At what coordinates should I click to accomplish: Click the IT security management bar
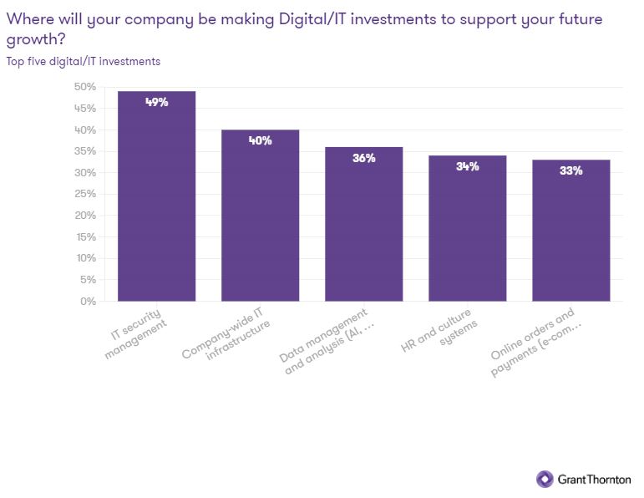156,201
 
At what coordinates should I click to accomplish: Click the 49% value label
156,102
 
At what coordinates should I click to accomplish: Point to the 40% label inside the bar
260,140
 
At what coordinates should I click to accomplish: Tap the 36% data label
363,158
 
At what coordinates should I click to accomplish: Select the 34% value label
467,166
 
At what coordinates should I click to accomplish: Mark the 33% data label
570,170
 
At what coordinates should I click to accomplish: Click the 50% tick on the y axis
84,87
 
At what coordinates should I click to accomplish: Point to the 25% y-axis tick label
84,194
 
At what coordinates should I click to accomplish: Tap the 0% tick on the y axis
88,301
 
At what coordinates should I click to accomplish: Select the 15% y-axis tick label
84,236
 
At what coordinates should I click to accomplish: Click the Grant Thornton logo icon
545,479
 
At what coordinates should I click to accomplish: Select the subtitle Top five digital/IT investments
84,61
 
